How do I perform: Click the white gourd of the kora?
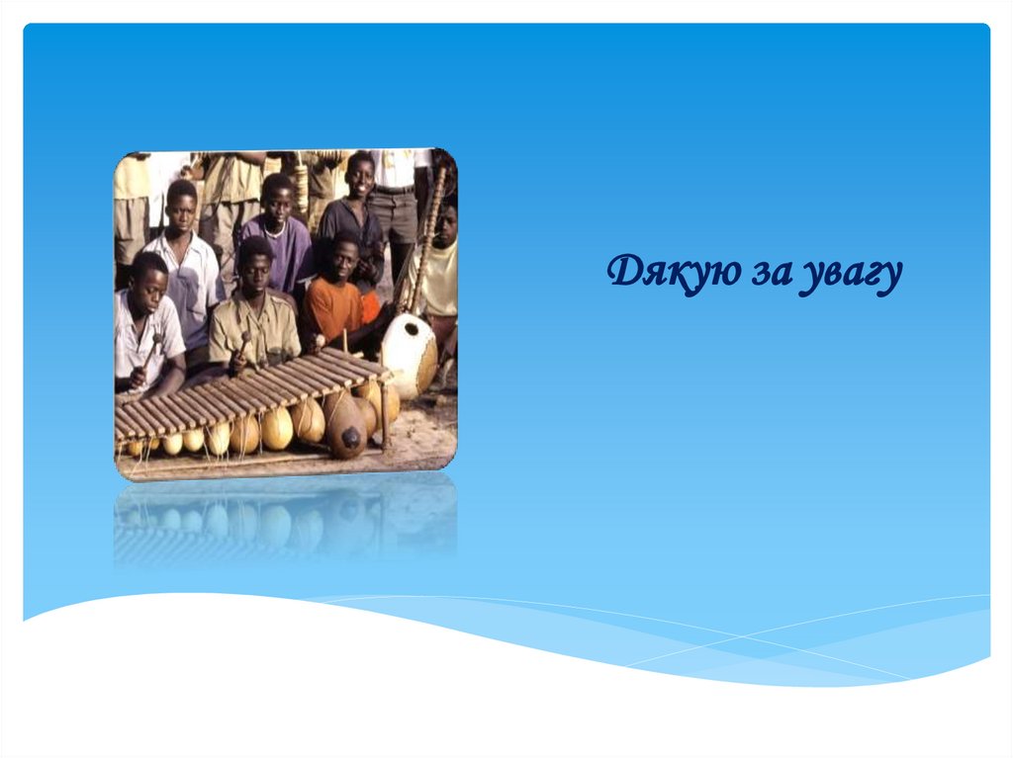pos(409,354)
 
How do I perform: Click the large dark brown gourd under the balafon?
pos(345,427)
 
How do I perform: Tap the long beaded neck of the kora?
pos(426,242)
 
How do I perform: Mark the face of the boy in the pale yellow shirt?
pos(446,222)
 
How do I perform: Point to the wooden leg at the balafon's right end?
pos(385,415)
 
